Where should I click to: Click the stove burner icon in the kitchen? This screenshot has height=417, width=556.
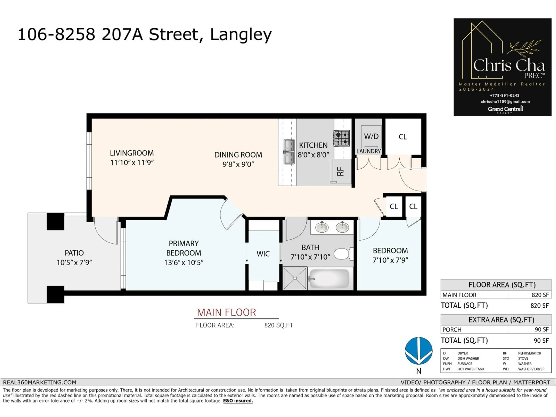(342, 138)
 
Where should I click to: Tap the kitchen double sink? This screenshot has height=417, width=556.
(289, 152)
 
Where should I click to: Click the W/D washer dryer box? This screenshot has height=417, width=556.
(371, 137)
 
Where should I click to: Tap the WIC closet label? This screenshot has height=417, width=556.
(263, 254)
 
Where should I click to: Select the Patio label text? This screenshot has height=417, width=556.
(74, 253)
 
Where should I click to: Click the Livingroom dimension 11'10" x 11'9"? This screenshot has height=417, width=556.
(132, 163)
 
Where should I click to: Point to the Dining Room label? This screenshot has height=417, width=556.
(238, 155)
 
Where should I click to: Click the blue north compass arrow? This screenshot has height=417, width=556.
(418, 351)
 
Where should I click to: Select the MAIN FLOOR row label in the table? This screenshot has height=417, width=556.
(459, 295)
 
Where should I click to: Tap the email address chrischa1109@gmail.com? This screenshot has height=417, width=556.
(505, 101)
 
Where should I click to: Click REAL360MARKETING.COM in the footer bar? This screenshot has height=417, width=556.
(40, 382)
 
